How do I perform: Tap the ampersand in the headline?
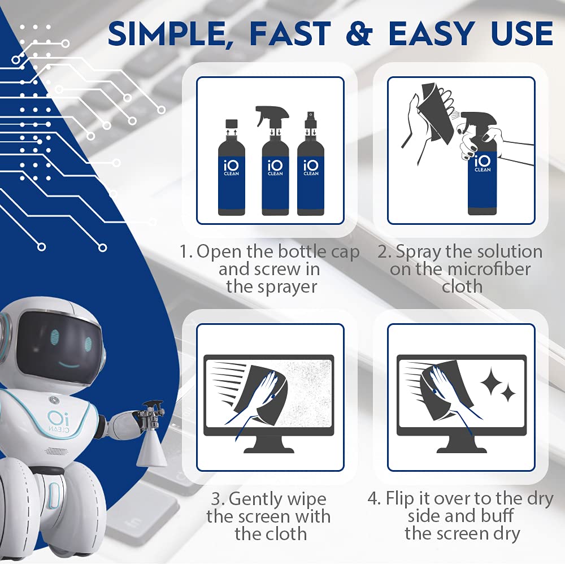point(359,33)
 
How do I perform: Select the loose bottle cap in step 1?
point(232,124)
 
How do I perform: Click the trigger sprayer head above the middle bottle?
point(273,116)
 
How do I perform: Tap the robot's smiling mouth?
point(69,366)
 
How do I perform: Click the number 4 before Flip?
point(373,499)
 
